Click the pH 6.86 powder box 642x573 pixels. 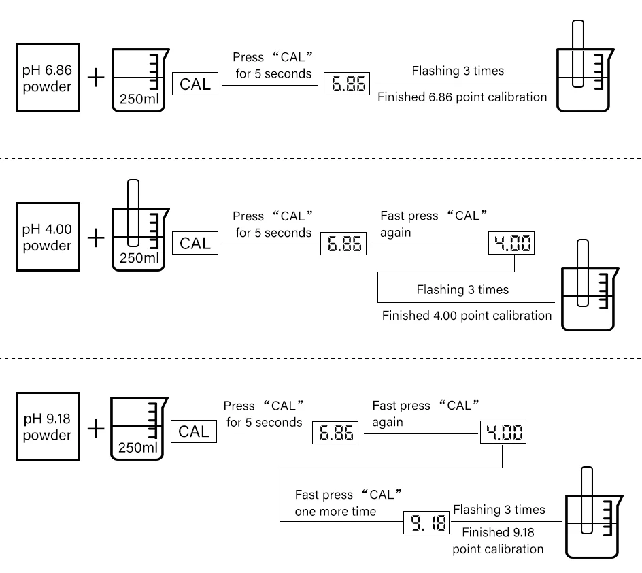pyautogui.click(x=48, y=78)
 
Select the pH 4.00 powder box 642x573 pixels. pyautogui.click(x=48, y=237)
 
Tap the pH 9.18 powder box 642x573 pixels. pyautogui.click(x=48, y=427)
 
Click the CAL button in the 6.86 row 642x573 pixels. pyautogui.click(x=195, y=84)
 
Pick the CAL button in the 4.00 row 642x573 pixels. pyautogui.click(x=195, y=243)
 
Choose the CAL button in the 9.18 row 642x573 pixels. pyautogui.click(x=194, y=431)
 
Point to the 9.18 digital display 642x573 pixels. pyautogui.click(x=426, y=523)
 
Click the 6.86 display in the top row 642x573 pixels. pyautogui.click(x=347, y=84)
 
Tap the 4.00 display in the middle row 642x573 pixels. pyautogui.click(x=511, y=243)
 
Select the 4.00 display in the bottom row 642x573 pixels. pyautogui.click(x=503, y=432)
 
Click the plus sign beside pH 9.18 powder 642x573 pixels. pyautogui.click(x=96, y=429)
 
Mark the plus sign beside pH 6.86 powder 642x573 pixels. pyautogui.click(x=96, y=78)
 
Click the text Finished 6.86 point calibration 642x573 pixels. pyautogui.click(x=462, y=97)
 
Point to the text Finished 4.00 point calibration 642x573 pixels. pyautogui.click(x=467, y=316)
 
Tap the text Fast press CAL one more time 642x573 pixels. pyautogui.click(x=348, y=503)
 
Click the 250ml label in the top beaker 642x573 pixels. pyautogui.click(x=139, y=99)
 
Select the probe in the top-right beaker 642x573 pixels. pyautogui.click(x=578, y=54)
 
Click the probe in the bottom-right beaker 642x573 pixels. pyautogui.click(x=587, y=500)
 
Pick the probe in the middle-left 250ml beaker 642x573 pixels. pyautogui.click(x=133, y=213)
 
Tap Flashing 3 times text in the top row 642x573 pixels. pyautogui.click(x=458, y=71)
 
